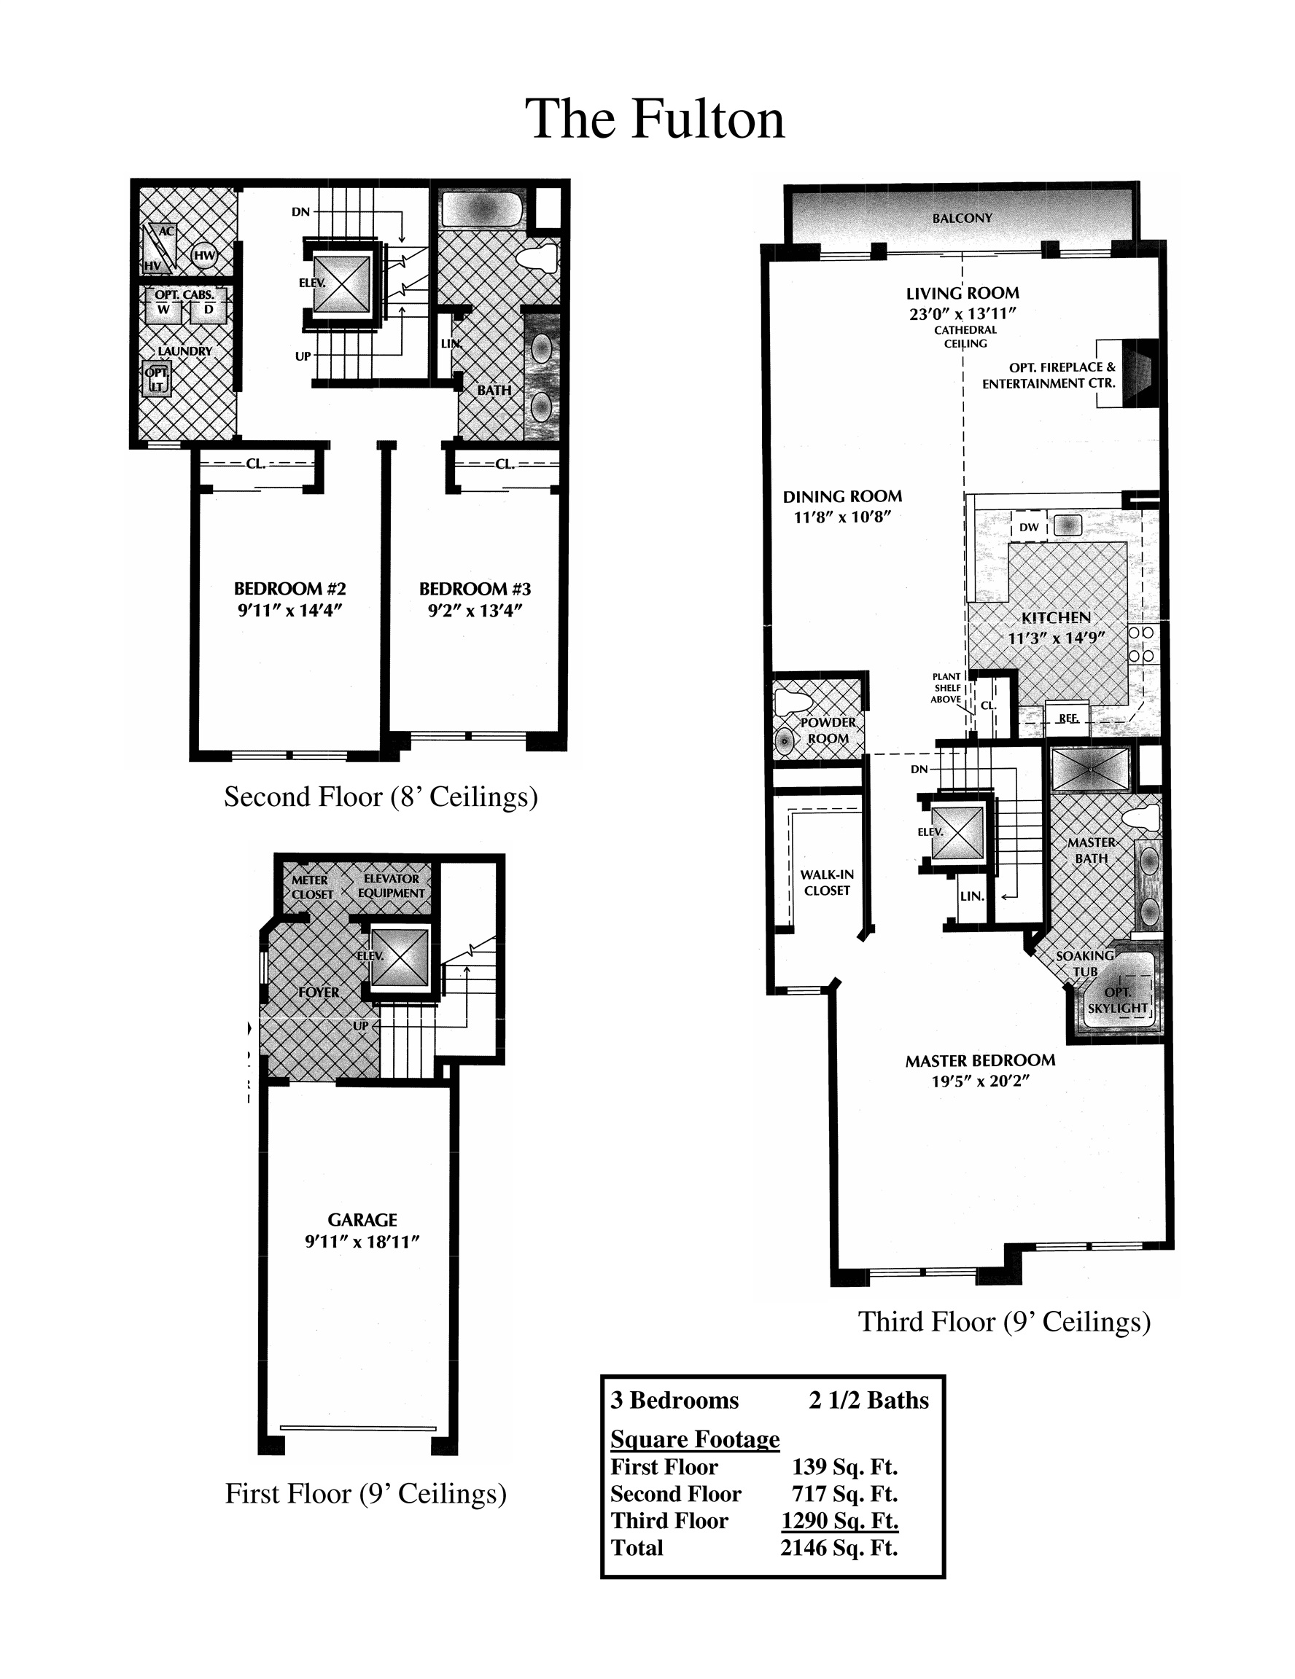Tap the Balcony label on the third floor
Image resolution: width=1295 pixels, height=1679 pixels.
(962, 219)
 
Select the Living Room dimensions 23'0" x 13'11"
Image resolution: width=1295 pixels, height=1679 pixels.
(962, 313)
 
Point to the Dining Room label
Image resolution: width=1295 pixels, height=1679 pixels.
(842, 496)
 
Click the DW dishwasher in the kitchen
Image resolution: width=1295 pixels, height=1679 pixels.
(1028, 527)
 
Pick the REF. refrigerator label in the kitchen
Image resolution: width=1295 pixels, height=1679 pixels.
(1068, 718)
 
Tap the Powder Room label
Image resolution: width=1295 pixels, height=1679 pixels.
(828, 730)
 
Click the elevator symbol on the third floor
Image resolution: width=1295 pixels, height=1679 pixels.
(957, 831)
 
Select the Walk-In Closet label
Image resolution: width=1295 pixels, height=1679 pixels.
(827, 882)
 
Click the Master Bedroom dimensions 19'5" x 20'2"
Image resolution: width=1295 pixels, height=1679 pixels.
(981, 1081)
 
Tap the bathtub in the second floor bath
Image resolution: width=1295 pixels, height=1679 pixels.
(482, 209)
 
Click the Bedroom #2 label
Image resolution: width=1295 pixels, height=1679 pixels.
(290, 589)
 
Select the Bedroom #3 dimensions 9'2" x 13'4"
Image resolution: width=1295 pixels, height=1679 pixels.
(475, 611)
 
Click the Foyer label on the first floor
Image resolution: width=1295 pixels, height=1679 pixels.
(319, 993)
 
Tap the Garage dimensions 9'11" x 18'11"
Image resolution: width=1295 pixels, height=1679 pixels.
(362, 1242)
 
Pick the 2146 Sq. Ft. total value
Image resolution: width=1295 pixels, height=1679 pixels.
(839, 1548)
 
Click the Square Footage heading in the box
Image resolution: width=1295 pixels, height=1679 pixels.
(695, 1439)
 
